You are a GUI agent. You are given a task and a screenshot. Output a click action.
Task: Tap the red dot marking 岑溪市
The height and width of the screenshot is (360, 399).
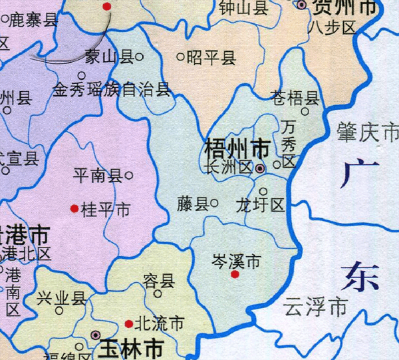click(x=234, y=274)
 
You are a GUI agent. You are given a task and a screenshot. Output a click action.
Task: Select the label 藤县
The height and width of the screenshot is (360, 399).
click(x=193, y=204)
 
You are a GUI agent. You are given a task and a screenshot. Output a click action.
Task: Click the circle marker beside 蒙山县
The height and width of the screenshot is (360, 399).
click(x=140, y=57)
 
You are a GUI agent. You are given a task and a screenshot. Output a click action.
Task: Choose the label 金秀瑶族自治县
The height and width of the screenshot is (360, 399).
click(x=112, y=90)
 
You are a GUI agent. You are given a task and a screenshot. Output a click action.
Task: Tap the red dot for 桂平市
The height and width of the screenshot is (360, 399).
click(x=74, y=209)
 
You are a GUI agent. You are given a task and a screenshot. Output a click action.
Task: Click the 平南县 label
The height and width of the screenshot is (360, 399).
click(x=97, y=176)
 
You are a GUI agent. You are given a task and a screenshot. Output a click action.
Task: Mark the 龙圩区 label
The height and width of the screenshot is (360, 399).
click(x=260, y=206)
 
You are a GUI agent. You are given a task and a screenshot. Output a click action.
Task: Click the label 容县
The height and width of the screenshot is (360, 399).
click(x=159, y=280)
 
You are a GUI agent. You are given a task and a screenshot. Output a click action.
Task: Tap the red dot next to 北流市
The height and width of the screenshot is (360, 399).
click(x=128, y=324)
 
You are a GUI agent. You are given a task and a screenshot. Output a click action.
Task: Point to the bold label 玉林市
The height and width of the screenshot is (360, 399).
click(x=132, y=348)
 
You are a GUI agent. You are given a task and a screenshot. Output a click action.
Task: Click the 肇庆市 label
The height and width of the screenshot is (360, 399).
click(x=368, y=133)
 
